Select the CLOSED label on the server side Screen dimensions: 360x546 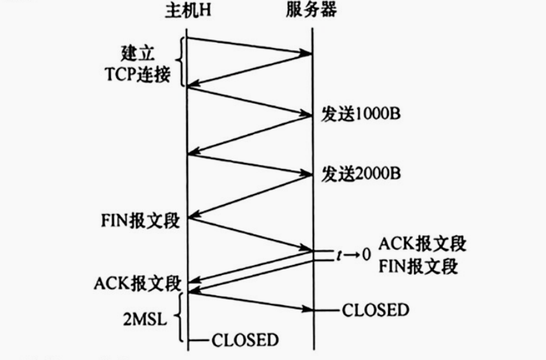pos(375,309)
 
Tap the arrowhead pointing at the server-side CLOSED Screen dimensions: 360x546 pos(307,309)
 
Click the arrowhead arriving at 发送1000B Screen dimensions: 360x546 pos(307,115)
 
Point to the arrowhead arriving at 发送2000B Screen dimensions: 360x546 pos(307,175)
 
